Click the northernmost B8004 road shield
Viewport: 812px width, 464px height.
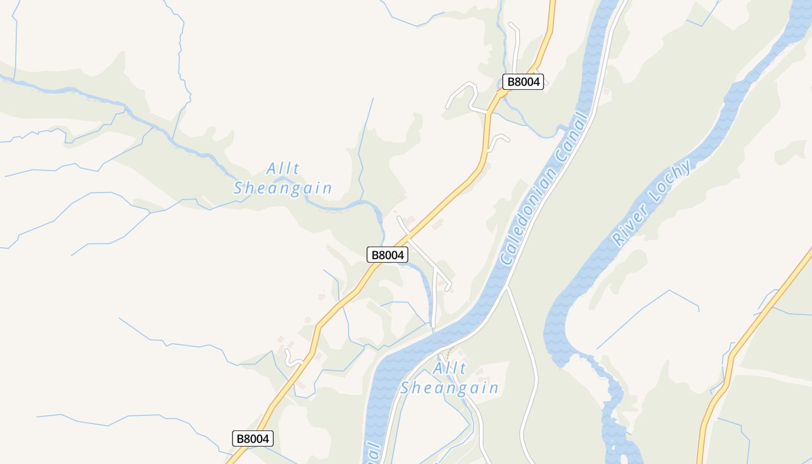(x=523, y=82)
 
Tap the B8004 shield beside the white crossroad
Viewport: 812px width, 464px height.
(x=387, y=255)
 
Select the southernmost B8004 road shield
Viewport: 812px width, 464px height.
(x=253, y=438)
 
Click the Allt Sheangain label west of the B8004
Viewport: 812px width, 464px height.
(x=283, y=179)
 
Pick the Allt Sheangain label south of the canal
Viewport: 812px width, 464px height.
(x=449, y=378)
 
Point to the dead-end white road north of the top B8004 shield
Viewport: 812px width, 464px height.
(x=515, y=43)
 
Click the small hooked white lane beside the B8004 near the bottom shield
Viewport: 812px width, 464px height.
(x=292, y=360)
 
